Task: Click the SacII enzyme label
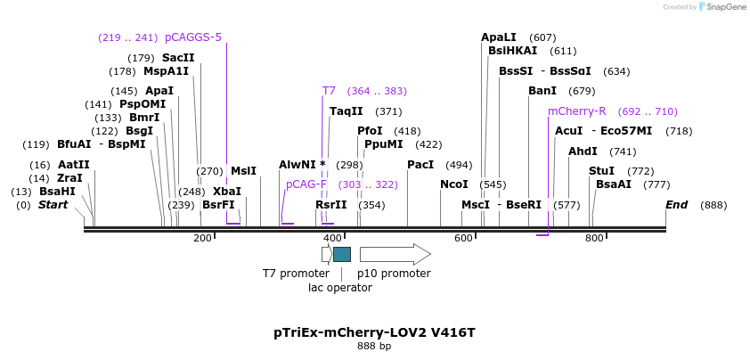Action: [x=178, y=58]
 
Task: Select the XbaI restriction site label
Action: [x=226, y=191]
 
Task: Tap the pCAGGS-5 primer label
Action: [x=193, y=37]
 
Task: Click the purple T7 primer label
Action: [x=329, y=91]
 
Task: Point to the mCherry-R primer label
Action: [x=577, y=111]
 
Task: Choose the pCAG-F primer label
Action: [x=306, y=184]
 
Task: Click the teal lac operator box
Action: [x=342, y=254]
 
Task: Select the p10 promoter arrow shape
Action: [x=395, y=254]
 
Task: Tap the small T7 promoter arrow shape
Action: [x=327, y=254]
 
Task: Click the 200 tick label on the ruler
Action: [x=202, y=238]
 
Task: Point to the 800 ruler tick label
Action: [x=594, y=238]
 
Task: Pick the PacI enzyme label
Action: [x=420, y=165]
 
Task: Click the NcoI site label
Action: [x=453, y=184]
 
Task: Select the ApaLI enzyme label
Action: [x=499, y=37]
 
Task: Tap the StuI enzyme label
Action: [x=602, y=171]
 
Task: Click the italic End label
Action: [x=677, y=205]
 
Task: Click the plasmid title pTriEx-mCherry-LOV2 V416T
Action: [x=374, y=332]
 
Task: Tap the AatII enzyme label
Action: [x=74, y=165]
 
